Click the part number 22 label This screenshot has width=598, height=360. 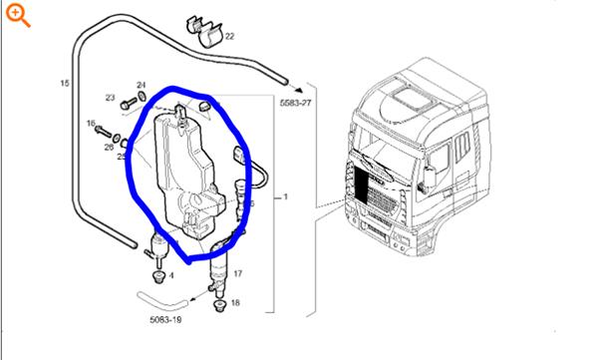tap(229, 36)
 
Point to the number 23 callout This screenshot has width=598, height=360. tap(110, 98)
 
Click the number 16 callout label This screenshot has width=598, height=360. tap(91, 124)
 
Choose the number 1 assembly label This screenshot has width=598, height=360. tap(286, 197)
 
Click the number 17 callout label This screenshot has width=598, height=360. tap(237, 271)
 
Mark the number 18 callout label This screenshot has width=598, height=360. tap(235, 301)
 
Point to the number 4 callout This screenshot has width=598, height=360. tap(171, 274)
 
